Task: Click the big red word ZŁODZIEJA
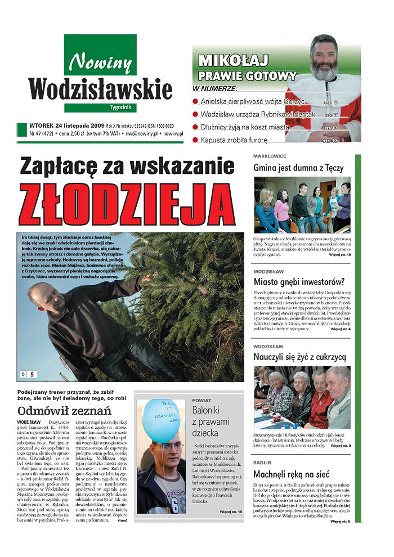point(127,204)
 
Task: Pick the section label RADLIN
point(262,462)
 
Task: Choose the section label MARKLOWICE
point(270,156)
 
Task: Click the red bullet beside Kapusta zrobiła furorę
point(195,140)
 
